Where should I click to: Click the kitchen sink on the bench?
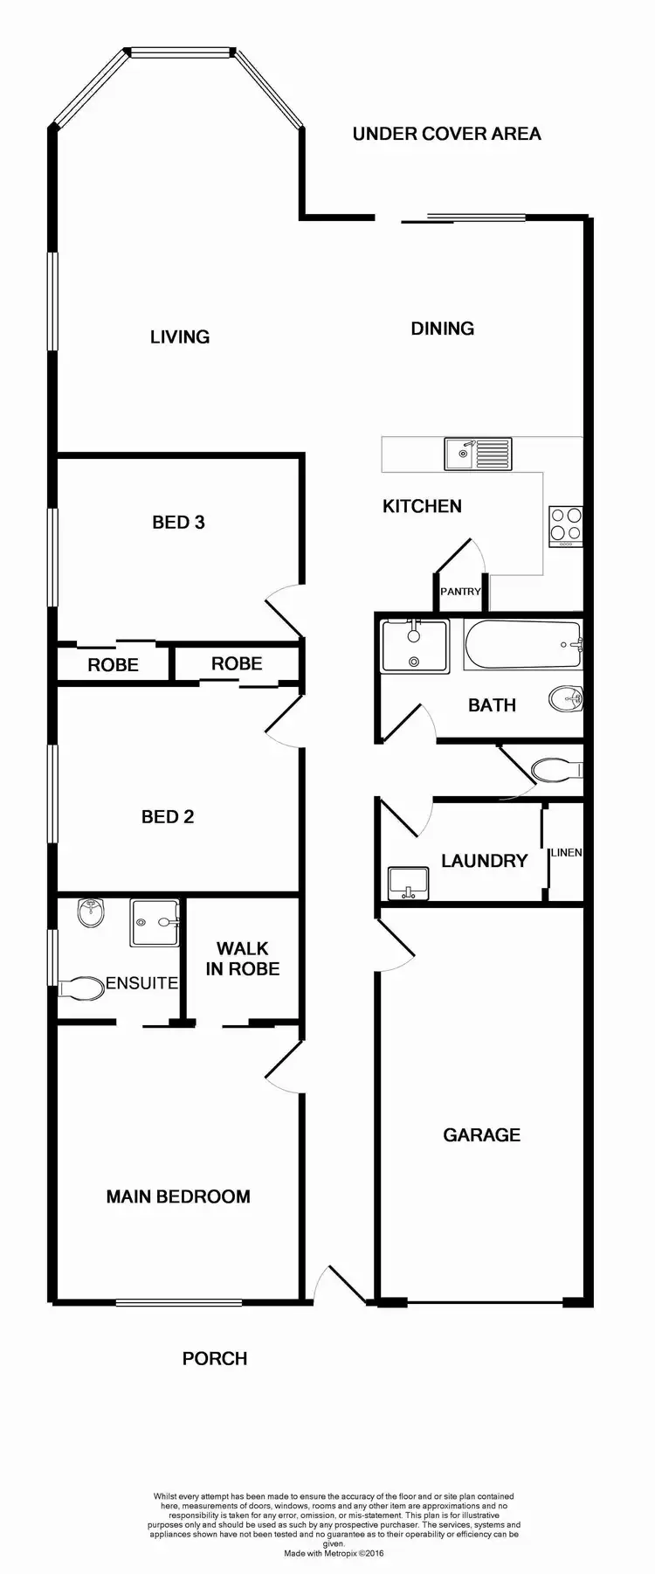479,454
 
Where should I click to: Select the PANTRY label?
460,592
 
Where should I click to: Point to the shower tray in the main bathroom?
415,646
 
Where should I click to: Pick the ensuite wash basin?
90,913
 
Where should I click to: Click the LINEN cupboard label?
566,852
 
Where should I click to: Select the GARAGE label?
481,1134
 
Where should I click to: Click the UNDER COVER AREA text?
446,134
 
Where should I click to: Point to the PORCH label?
215,1358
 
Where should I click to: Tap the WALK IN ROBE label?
243,959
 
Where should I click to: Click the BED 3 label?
178,522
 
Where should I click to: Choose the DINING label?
443,329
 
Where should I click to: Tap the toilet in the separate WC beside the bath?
555,770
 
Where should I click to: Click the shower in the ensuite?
155,923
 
